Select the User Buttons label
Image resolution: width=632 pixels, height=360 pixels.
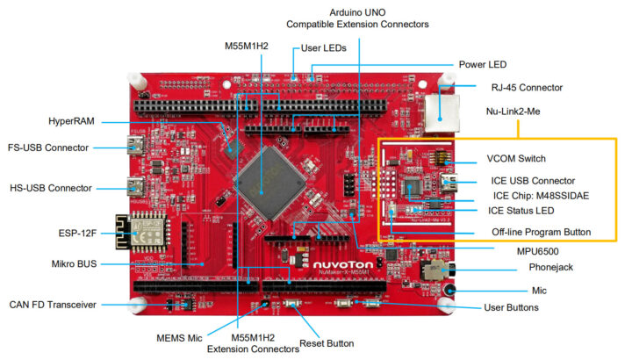512,307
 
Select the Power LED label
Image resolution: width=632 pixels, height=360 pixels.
483,64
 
